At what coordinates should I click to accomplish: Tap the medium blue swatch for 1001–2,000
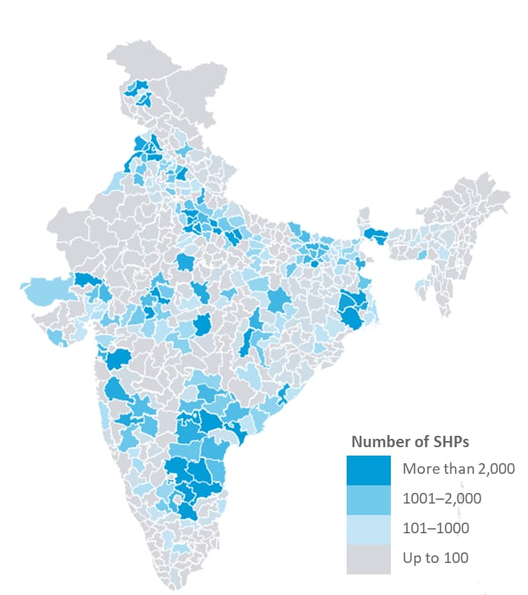[x=368, y=498]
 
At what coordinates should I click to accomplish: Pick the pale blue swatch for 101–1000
[x=368, y=528]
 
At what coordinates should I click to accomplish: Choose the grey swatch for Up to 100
[x=368, y=558]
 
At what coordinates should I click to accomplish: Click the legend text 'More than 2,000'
[x=458, y=469]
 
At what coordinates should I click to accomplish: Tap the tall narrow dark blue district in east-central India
[x=251, y=335]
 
